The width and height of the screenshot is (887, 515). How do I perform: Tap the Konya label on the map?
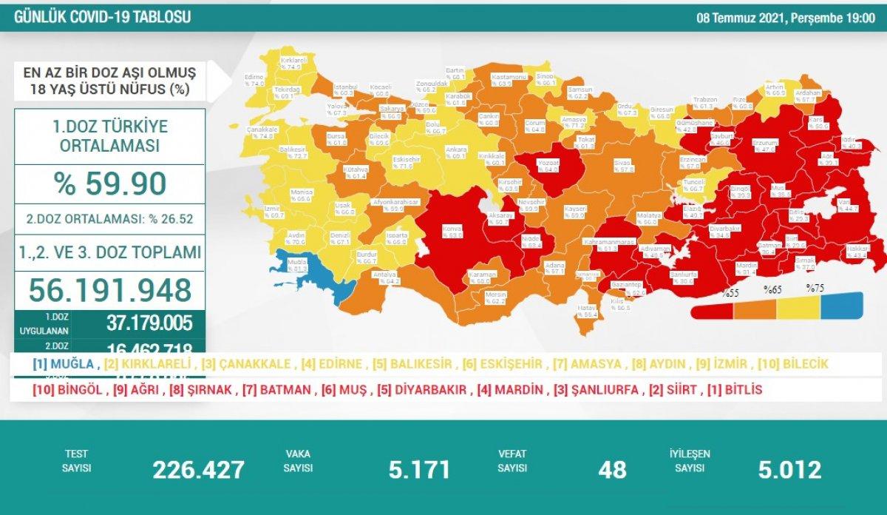coord(452,232)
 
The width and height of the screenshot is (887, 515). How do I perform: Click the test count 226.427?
coord(198,469)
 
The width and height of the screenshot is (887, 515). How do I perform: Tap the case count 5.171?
coord(419,469)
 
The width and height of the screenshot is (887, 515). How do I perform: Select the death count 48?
coord(613,469)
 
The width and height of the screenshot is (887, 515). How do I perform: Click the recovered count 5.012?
coord(789,469)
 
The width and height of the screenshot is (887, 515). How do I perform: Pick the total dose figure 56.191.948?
coord(110,291)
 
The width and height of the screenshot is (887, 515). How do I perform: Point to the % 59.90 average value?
coord(109,184)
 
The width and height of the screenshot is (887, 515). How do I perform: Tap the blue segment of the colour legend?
coord(843,304)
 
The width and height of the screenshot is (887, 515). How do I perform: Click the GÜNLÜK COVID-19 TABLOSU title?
coord(103,17)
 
